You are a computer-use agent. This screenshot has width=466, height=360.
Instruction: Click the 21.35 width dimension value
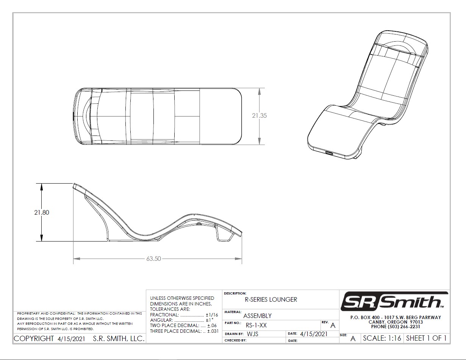pyautogui.click(x=259, y=116)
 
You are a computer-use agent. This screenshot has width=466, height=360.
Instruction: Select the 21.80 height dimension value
pyautogui.click(x=42, y=212)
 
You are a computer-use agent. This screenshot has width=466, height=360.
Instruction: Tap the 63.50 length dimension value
pyautogui.click(x=153, y=259)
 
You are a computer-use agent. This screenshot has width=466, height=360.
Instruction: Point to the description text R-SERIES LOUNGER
pyautogui.click(x=271, y=299)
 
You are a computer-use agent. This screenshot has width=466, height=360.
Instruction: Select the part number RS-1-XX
pyautogui.click(x=256, y=326)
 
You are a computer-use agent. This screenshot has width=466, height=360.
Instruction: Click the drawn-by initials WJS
pyautogui.click(x=252, y=334)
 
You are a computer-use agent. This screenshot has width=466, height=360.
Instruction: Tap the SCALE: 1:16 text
pyautogui.click(x=382, y=338)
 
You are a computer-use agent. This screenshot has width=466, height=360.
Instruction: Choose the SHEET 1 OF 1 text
pyautogui.click(x=426, y=338)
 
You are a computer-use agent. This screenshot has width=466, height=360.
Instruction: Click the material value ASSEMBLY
pyautogui.click(x=257, y=316)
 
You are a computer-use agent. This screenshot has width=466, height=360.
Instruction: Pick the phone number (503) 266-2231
pyautogui.click(x=403, y=327)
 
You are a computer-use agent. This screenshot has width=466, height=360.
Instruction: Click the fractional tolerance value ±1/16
pyautogui.click(x=212, y=315)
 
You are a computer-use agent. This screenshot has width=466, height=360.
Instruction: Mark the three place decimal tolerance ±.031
pyautogui.click(x=213, y=331)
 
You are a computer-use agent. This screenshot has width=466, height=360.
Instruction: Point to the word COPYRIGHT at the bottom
pyautogui.click(x=34, y=338)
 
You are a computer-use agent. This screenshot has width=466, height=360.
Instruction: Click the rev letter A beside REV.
pyautogui.click(x=333, y=326)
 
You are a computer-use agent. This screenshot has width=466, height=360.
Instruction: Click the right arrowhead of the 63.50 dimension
pyautogui.click(x=238, y=259)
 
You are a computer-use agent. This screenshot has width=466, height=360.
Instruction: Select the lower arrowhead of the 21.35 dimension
pyautogui.click(x=259, y=141)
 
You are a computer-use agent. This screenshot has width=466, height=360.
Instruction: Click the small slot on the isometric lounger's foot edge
pyautogui.click(x=329, y=153)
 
